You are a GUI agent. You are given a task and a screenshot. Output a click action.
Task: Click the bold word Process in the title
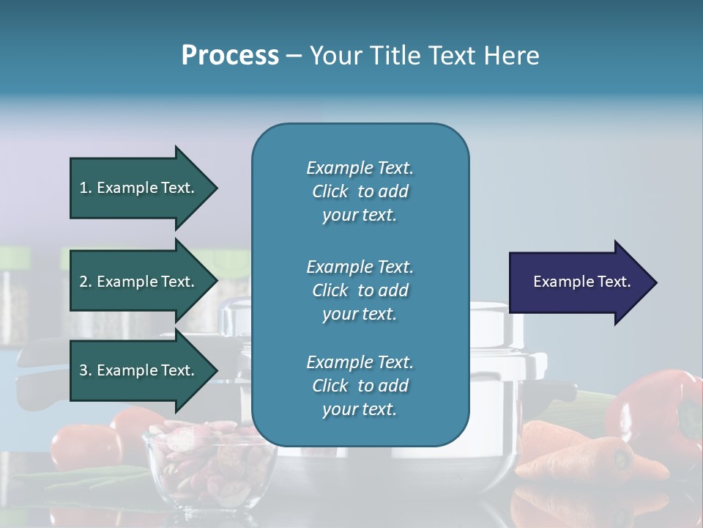[x=230, y=56]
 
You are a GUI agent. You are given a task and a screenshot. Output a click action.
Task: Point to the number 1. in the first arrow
[x=86, y=188]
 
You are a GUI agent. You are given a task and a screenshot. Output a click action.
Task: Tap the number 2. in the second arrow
[x=86, y=282]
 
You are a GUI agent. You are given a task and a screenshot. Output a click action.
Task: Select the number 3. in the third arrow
[x=86, y=370]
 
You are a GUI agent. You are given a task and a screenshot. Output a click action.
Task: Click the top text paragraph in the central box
[x=360, y=191]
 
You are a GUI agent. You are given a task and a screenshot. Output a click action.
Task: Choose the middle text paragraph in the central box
[x=360, y=290]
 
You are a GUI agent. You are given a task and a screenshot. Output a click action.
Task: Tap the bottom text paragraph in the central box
[x=360, y=386]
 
